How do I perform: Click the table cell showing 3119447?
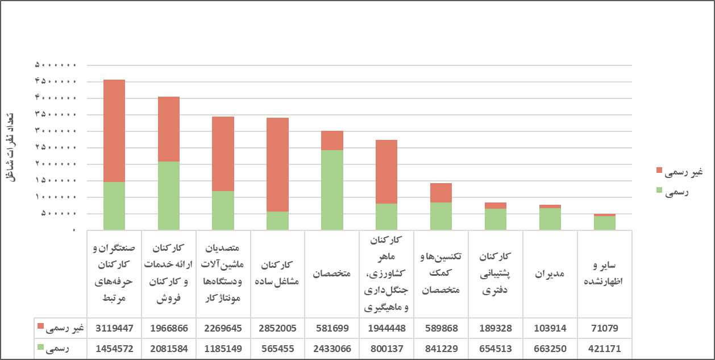click(x=114, y=328)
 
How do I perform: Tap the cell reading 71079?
click(x=604, y=328)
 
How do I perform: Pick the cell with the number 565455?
click(x=277, y=349)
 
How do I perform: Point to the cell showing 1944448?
click(x=386, y=328)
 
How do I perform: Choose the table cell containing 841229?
click(x=441, y=349)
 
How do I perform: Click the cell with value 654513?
click(x=496, y=349)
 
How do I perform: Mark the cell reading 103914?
click(x=550, y=328)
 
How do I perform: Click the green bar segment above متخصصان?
click(x=332, y=190)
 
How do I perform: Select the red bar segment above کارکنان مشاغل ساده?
click(x=277, y=164)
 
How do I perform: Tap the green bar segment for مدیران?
click(x=550, y=219)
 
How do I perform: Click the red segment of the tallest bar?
click(x=114, y=131)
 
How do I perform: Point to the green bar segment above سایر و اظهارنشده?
click(x=604, y=223)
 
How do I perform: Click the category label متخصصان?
click(x=332, y=274)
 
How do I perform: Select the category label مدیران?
click(x=550, y=274)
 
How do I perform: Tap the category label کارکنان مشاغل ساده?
click(x=277, y=274)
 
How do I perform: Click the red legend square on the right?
click(x=659, y=171)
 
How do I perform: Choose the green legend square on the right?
click(x=659, y=191)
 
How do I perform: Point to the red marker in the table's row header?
click(x=40, y=326)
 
